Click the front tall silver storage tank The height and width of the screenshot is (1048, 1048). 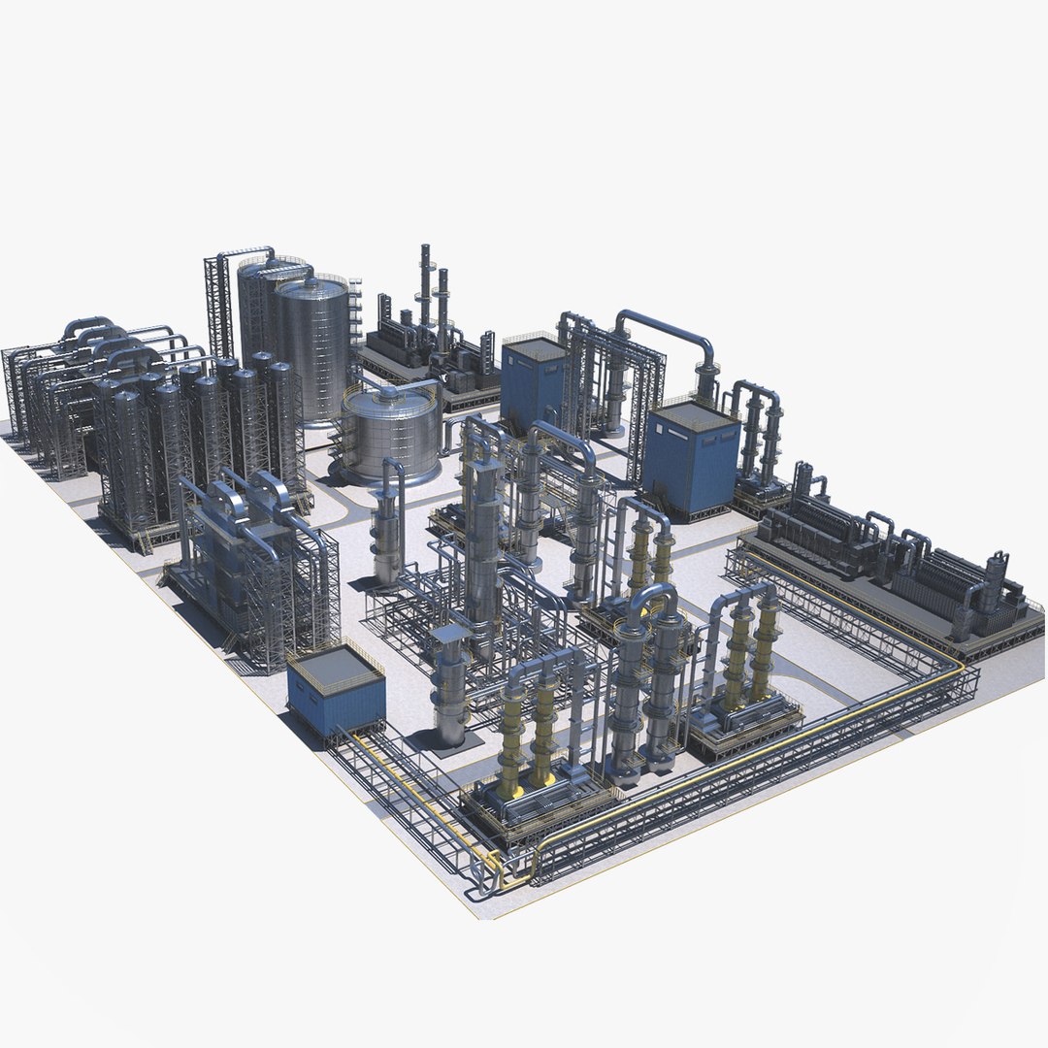tap(312, 349)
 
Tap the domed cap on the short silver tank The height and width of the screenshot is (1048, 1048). tap(390, 394)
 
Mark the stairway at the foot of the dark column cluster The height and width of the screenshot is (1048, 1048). tap(141, 540)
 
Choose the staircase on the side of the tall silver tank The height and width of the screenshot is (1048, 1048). tap(354, 311)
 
